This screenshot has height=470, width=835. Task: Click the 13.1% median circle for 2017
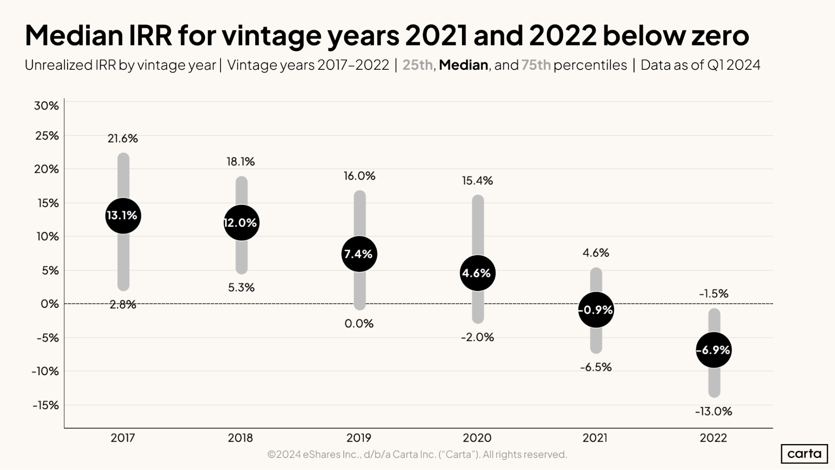(123, 216)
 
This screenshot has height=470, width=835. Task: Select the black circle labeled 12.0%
(241, 223)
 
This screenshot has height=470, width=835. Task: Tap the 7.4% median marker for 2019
(359, 254)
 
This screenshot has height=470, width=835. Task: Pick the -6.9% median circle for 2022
(714, 350)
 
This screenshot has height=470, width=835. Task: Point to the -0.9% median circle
(596, 310)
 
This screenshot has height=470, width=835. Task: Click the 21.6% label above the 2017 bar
(123, 139)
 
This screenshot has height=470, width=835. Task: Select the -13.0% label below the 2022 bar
(713, 412)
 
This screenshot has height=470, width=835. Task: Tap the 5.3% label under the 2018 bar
(241, 287)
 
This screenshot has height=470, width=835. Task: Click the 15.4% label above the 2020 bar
(477, 181)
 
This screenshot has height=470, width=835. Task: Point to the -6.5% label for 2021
(596, 367)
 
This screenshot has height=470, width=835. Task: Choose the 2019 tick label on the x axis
(359, 438)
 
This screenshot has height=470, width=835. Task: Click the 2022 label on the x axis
(713, 438)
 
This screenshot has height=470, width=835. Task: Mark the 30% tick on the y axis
(46, 106)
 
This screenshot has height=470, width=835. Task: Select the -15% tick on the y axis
(46, 405)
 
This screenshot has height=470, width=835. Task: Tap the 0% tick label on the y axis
(50, 304)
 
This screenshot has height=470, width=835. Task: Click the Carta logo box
(804, 454)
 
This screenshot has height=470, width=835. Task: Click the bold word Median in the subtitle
(463, 65)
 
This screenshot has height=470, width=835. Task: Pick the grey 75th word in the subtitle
(536, 65)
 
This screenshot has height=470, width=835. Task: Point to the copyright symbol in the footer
(272, 455)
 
